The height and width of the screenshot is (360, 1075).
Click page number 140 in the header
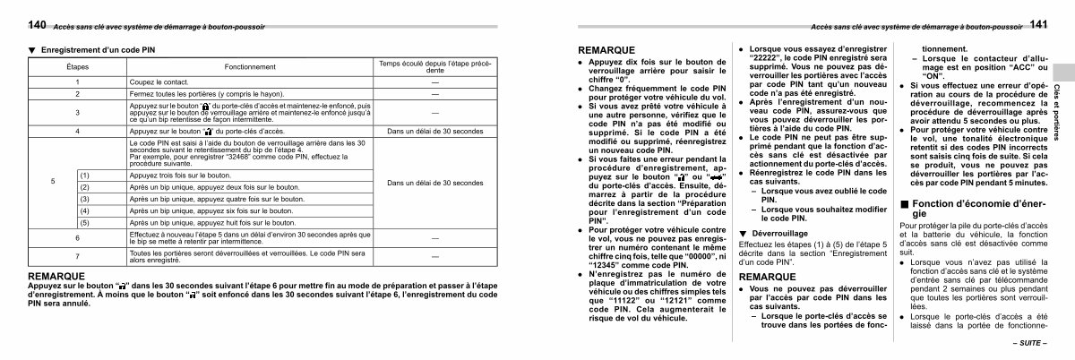[x=38, y=24]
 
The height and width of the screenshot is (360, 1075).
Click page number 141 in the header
[x=1039, y=24]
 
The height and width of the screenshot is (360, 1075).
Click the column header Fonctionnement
[x=250, y=66]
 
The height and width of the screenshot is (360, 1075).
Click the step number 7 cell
[x=77, y=257]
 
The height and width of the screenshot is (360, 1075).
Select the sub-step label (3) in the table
[x=86, y=198]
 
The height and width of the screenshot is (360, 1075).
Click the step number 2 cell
[x=77, y=93]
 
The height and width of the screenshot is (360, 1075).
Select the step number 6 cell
[x=77, y=238]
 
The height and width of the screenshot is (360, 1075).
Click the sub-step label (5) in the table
[x=86, y=221]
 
